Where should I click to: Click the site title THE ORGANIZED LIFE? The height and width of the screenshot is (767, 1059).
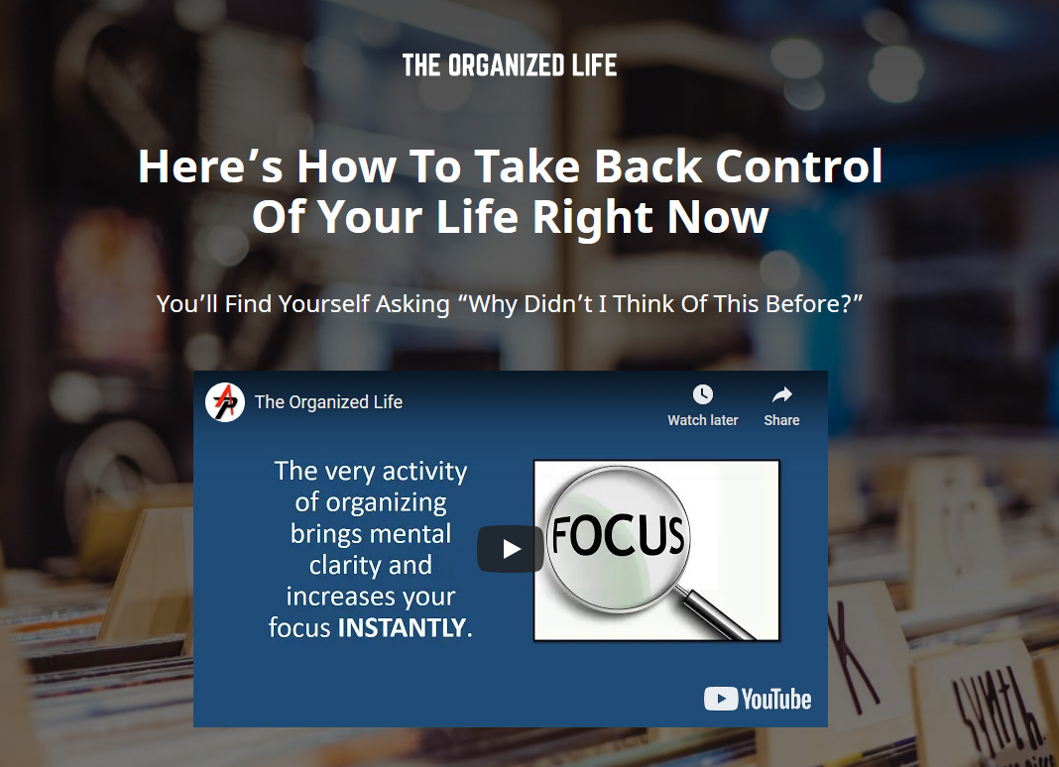[x=510, y=65]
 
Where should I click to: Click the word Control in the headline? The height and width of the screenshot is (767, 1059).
[x=799, y=166]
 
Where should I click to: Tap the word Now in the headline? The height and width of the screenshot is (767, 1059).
[x=719, y=217]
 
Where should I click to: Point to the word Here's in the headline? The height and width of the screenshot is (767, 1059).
[x=211, y=166]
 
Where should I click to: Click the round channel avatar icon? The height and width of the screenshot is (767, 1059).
[x=225, y=402]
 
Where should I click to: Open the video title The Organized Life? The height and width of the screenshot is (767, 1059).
[x=328, y=402]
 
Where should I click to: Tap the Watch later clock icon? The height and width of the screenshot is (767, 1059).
[x=703, y=394]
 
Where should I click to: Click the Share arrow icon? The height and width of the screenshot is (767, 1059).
[x=782, y=394]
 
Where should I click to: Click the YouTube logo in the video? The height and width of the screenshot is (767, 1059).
[x=758, y=699]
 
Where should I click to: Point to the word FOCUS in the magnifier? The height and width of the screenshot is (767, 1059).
[x=618, y=536]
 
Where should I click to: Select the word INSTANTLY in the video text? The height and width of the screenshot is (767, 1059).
[x=402, y=628]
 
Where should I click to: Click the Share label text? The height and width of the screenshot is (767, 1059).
[x=781, y=420]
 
